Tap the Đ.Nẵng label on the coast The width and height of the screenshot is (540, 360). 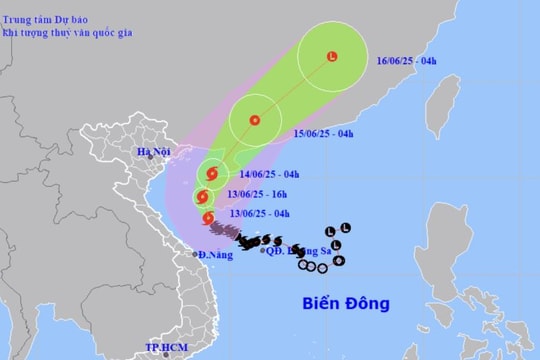[x=215, y=255]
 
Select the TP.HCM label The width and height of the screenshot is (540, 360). [x=168, y=347]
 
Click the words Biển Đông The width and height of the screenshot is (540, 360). [x=346, y=303]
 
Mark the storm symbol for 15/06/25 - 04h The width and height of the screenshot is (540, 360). [x=255, y=121]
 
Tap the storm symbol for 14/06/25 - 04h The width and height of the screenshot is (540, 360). [x=212, y=173]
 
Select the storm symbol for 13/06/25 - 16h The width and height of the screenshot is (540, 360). [x=203, y=197]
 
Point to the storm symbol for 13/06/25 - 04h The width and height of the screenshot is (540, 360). [x=207, y=218]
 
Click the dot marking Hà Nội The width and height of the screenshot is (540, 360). [x=150, y=157]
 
